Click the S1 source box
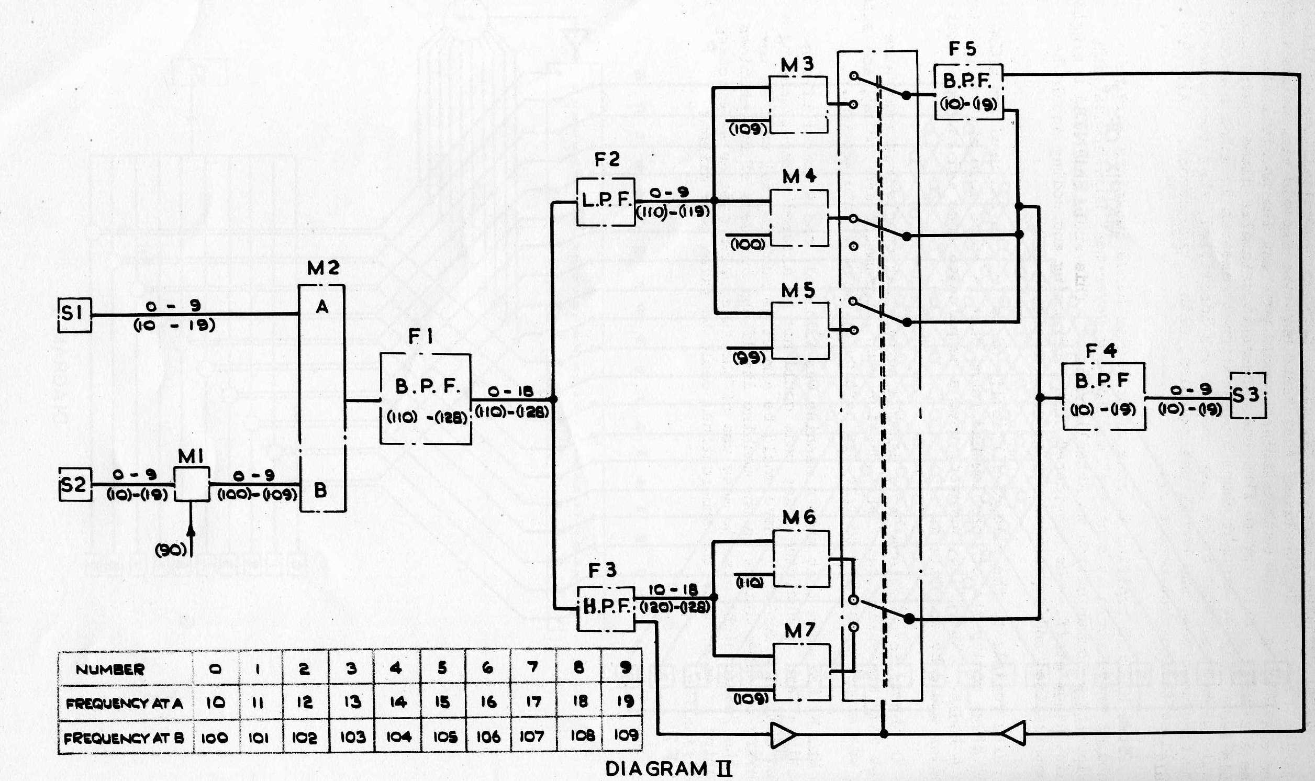click(x=74, y=315)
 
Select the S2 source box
click(x=74, y=484)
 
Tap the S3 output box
click(x=1247, y=395)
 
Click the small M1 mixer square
click(x=192, y=484)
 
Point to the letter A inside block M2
click(x=322, y=307)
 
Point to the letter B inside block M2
click(x=320, y=490)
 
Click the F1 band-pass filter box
click(x=425, y=398)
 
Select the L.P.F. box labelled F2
click(x=606, y=202)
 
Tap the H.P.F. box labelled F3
click(x=606, y=608)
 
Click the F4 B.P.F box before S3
click(x=1104, y=396)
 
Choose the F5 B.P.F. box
click(x=968, y=92)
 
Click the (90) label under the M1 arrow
click(x=172, y=550)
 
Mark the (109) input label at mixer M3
click(x=748, y=129)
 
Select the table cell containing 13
click(x=351, y=702)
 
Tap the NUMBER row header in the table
click(x=109, y=670)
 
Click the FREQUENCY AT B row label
click(x=124, y=738)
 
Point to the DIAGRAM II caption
click(x=668, y=768)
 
